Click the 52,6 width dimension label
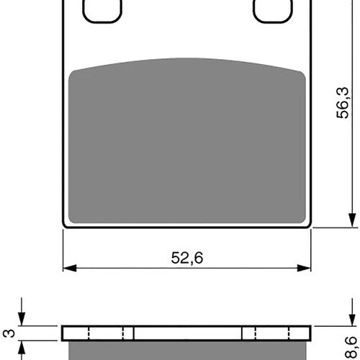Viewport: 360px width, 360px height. point(187,258)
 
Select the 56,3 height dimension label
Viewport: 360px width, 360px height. point(343,103)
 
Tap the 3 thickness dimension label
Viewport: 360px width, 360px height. point(10,333)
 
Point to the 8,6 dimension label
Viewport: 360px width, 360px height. point(351,348)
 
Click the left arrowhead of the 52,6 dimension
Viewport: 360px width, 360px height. point(70,268)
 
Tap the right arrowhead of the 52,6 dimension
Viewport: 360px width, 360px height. point(304,268)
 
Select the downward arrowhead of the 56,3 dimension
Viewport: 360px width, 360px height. point(352,220)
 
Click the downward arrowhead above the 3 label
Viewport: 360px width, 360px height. point(22,319)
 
